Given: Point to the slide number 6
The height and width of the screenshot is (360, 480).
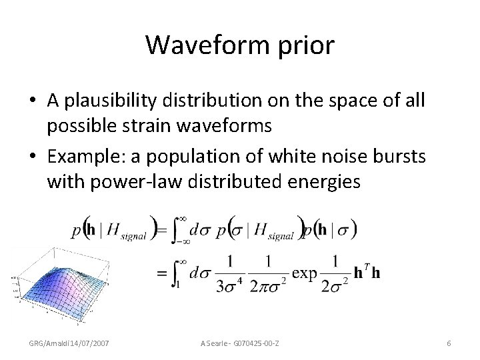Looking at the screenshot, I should coord(449,343).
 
